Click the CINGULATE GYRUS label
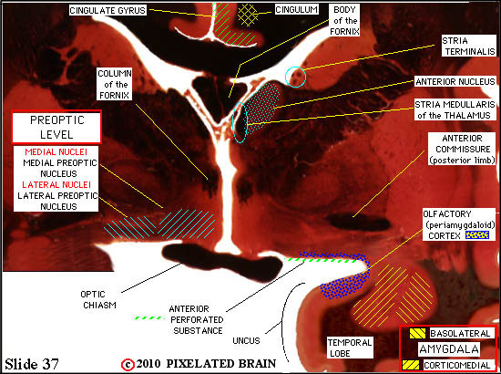[107, 11]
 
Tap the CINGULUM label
[296, 10]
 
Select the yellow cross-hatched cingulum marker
[248, 15]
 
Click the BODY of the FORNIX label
[344, 20]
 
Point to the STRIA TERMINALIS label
[468, 47]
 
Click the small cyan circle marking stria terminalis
[295, 77]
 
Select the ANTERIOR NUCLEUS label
[455, 81]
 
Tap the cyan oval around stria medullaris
[240, 122]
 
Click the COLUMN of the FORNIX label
[115, 85]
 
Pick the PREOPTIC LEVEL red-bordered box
[56, 127]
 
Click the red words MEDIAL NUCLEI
[56, 151]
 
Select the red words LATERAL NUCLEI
[56, 184]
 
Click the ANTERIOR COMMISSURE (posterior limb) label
[463, 149]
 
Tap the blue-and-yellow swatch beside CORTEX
[477, 235]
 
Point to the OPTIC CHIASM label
[98, 299]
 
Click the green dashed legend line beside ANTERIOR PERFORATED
[149, 318]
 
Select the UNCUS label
[246, 341]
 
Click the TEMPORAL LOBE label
[350, 348]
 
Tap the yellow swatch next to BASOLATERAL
[417, 334]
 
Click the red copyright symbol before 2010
[128, 365]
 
